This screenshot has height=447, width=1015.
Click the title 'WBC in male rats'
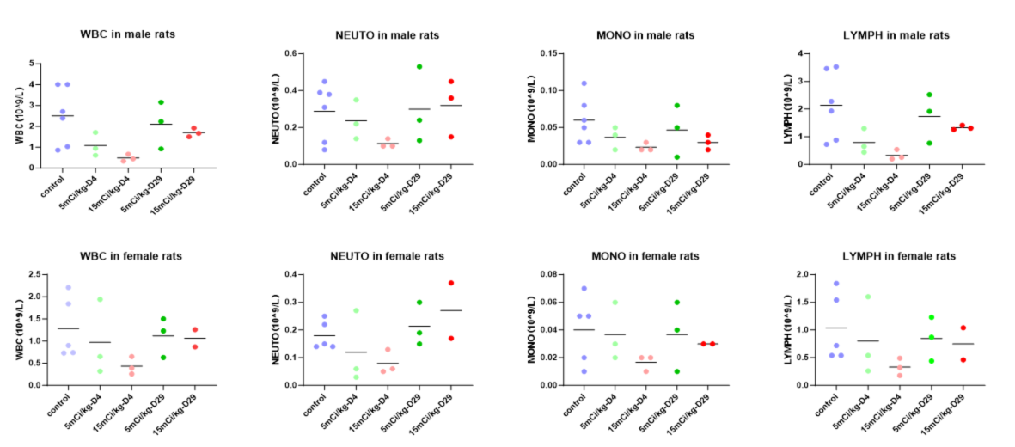pos(123,35)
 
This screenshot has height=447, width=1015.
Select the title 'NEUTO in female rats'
pos(386,256)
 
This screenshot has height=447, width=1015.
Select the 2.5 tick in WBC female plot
pos(35,274)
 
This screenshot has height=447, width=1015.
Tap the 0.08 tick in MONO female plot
pos(542,274)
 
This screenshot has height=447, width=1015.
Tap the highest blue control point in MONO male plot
pos(585,83)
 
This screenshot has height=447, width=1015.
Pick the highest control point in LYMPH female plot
pos(836,283)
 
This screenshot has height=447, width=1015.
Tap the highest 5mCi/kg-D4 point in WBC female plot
pos(100,299)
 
